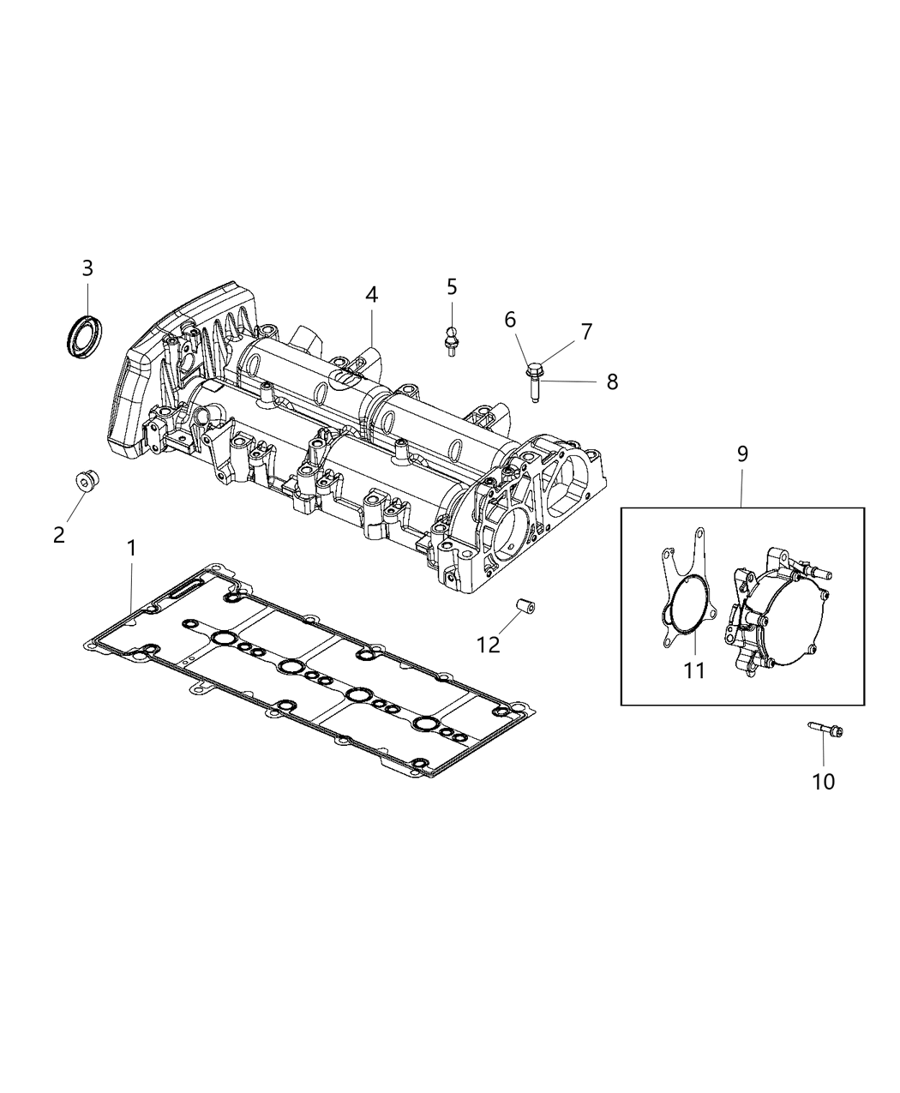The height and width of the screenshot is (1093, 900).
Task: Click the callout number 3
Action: (x=87, y=268)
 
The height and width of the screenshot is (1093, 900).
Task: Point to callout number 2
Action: (x=58, y=535)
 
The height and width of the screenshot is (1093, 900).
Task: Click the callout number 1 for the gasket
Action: (x=131, y=548)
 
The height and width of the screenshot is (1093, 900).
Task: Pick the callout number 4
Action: (x=370, y=294)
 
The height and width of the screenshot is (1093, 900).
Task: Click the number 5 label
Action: (x=452, y=286)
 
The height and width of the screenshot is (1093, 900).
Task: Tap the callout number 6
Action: (x=510, y=320)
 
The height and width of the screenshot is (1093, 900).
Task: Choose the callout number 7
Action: (x=586, y=331)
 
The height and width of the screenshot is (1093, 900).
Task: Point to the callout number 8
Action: (x=611, y=381)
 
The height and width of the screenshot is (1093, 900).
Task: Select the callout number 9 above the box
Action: (x=742, y=453)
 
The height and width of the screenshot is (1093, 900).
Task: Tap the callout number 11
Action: (x=693, y=670)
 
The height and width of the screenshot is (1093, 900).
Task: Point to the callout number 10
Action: (x=823, y=781)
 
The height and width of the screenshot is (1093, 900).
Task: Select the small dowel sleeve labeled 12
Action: (x=525, y=608)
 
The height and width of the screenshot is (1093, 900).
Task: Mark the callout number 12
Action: (x=488, y=644)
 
